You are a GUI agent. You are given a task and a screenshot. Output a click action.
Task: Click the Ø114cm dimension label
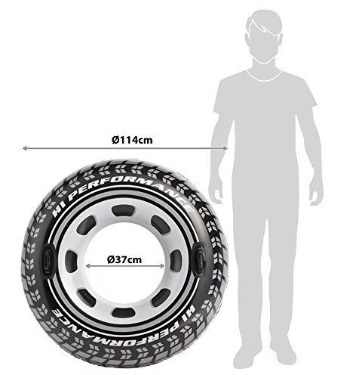[132, 140]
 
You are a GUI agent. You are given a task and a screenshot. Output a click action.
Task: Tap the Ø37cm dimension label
[124, 259]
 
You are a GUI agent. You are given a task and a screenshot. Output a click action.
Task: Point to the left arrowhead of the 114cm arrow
[24, 148]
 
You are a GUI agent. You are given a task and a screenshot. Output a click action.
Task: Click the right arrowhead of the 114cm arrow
[225, 148]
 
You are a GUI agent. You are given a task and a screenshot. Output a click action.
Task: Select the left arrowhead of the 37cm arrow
[88, 266]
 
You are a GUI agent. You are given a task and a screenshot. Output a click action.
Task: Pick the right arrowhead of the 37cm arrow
[163, 266]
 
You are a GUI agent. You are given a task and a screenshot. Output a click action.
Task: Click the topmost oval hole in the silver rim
[123, 211]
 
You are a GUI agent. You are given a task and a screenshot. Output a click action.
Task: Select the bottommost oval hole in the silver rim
[124, 312]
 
